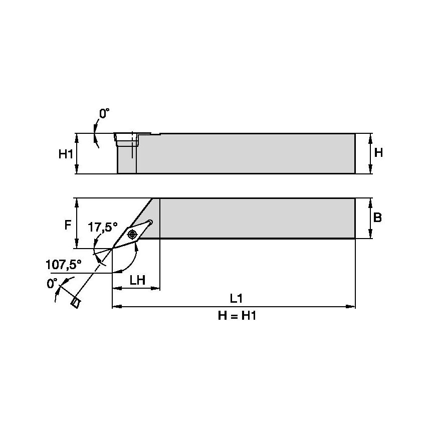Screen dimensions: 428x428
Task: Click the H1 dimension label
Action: coord(66,154)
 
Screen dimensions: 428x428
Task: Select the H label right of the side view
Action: coord(378,152)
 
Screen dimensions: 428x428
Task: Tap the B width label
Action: coord(378,218)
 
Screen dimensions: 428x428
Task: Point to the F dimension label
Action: coord(68,226)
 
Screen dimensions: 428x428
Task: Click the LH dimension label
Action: coord(137,280)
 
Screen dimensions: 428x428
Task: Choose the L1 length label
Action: coord(236,299)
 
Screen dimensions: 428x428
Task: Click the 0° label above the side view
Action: coord(104,114)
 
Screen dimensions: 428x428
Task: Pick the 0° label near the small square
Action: coord(52,284)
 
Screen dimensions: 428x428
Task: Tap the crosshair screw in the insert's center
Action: coord(133,234)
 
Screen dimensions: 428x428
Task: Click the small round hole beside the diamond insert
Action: coord(150,222)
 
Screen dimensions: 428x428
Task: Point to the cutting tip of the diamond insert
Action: coord(113,248)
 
